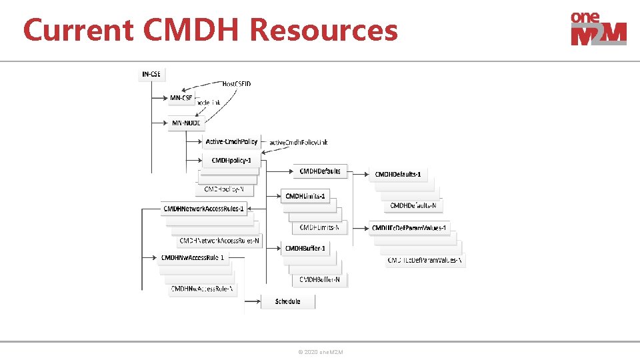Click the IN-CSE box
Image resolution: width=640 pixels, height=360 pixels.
coord(151,73)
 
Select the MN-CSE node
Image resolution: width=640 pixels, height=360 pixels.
coord(181,98)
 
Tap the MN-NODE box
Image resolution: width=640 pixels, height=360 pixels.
coord(185,123)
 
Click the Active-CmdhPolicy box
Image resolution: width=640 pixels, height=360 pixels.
coord(231,141)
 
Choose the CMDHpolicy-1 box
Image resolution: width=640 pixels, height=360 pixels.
coord(231,161)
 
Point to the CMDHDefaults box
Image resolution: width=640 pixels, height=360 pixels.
coord(320,171)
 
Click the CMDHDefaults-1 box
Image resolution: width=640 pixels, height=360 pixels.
coord(398,174)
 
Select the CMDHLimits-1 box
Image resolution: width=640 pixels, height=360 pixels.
coord(306,196)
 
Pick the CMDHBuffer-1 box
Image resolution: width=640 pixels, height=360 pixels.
coord(306,249)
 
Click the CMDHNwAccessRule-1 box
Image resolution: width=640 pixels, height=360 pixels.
coord(193,257)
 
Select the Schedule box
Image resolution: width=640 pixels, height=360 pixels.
coord(288,301)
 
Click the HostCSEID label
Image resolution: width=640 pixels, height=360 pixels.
coord(237,84)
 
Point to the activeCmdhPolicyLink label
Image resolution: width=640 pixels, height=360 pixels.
coord(299,142)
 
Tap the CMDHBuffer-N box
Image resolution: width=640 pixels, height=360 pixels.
coord(320,280)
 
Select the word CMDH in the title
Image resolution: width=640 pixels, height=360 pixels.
coord(192,31)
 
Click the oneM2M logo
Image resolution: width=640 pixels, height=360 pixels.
coord(598,29)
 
